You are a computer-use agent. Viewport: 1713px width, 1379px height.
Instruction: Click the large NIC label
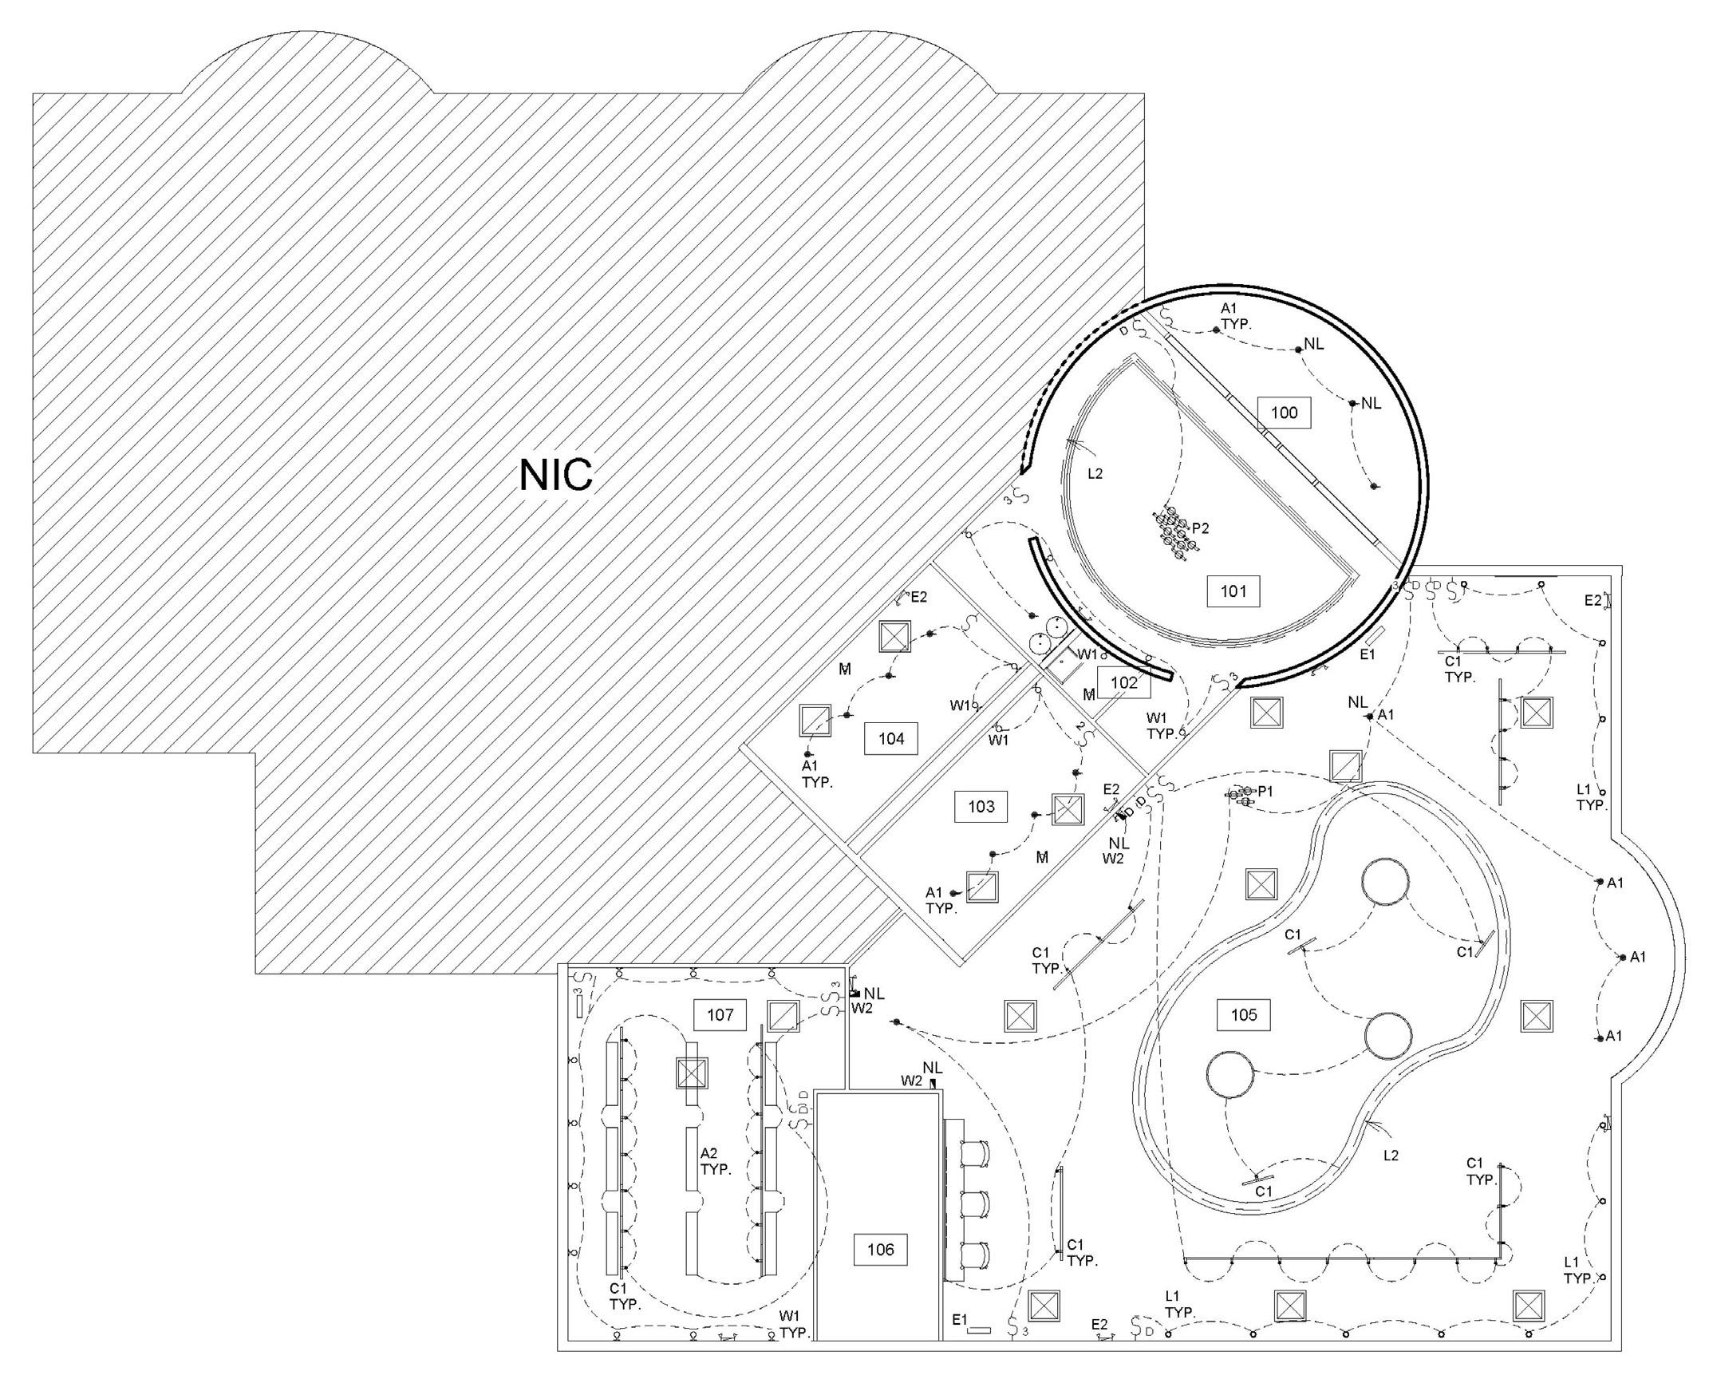[x=556, y=475]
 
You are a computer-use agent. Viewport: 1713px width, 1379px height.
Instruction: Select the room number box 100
[x=1284, y=413]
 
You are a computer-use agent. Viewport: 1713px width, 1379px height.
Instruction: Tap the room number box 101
[x=1233, y=591]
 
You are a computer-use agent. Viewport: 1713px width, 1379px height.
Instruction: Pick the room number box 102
[x=1123, y=682]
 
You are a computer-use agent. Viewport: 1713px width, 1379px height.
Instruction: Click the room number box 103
[x=981, y=806]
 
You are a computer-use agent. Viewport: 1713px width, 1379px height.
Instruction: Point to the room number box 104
[x=891, y=739]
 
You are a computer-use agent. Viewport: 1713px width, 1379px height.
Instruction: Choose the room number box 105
[x=1243, y=1015]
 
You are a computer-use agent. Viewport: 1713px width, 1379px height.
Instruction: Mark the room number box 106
[x=880, y=1250]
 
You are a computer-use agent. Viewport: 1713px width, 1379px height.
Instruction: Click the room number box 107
[x=720, y=1015]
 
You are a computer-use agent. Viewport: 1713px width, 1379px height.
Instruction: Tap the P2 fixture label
[x=1201, y=528]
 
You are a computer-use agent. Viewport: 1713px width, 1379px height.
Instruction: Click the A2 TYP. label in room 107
[x=716, y=1161]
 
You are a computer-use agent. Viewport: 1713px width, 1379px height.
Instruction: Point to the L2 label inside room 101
[x=1095, y=473]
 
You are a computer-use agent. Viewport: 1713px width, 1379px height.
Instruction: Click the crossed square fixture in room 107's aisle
[x=692, y=1073]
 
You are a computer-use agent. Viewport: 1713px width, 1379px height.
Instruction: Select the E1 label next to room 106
[x=960, y=1320]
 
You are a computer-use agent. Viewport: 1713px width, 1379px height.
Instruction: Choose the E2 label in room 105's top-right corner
[x=1592, y=600]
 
